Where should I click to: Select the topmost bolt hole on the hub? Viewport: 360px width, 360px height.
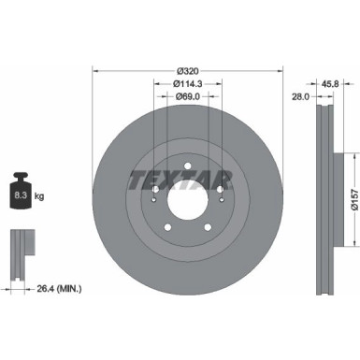(188, 167)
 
